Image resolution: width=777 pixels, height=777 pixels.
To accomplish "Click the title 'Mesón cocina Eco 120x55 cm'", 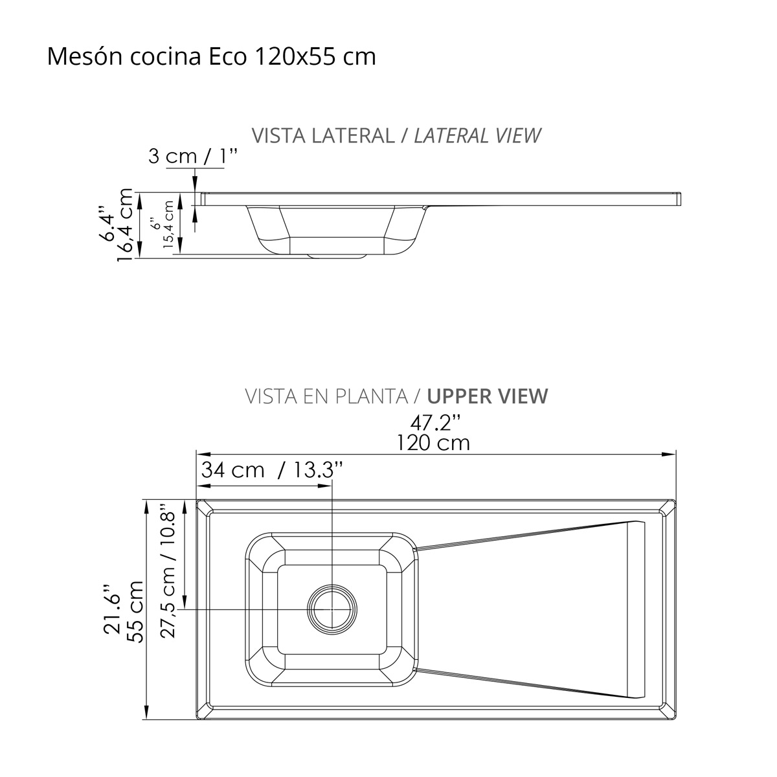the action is [x=212, y=56].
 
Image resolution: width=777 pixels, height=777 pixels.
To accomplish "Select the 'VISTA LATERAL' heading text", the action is [x=323, y=135].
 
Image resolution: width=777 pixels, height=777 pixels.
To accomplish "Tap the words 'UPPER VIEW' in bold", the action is [x=488, y=396].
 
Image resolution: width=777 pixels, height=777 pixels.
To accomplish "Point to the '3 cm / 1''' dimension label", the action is [x=193, y=157].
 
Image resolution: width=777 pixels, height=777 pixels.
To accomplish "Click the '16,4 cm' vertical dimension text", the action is [x=125, y=225].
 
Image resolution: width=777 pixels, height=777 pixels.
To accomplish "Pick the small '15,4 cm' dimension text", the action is [x=168, y=225].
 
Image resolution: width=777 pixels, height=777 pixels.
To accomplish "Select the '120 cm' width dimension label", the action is [x=433, y=443].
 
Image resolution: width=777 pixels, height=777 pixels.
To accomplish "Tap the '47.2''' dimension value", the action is [x=436, y=423].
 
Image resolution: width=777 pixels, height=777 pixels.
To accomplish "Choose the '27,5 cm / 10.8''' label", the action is [x=168, y=570].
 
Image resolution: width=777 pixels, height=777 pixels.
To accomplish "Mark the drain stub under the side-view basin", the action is [x=337, y=256].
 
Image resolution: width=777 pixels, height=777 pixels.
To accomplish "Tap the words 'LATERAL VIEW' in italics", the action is [x=477, y=135].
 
